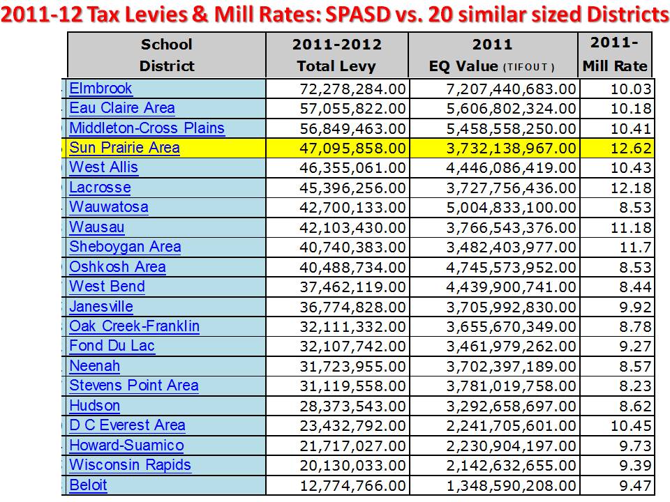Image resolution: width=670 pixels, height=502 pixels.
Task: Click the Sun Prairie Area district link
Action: tap(124, 149)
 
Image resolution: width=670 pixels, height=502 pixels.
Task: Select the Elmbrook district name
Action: tap(100, 89)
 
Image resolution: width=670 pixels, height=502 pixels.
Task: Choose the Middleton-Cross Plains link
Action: tap(147, 128)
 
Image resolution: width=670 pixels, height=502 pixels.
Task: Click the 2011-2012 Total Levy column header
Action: tap(337, 56)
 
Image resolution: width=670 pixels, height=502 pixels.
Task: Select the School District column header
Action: tap(166, 56)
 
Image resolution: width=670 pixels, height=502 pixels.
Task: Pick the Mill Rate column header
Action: tap(614, 56)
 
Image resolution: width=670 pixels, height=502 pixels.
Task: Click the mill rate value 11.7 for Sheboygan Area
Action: tap(638, 248)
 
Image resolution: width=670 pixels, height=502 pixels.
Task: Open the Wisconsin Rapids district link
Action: tap(130, 465)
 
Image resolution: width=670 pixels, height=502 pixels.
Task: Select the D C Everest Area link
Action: tap(127, 425)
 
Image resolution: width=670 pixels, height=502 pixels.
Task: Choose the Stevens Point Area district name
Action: tap(133, 386)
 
